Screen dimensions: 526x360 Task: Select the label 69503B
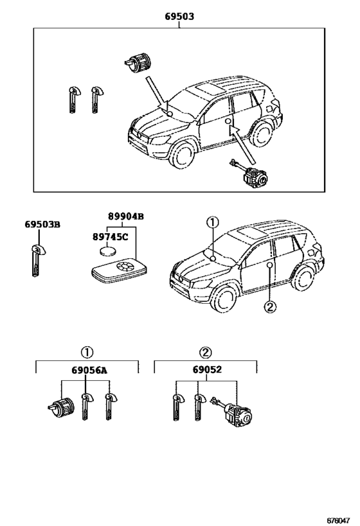(x=42, y=224)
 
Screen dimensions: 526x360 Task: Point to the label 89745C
(x=110, y=236)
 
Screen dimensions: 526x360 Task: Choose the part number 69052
(x=204, y=371)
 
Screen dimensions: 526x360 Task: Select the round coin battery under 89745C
(x=113, y=252)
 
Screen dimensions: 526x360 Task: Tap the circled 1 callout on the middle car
(x=212, y=222)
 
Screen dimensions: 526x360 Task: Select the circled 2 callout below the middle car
(x=269, y=307)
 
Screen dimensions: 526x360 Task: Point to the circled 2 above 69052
(x=204, y=352)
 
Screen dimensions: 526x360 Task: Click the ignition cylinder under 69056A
(x=60, y=405)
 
